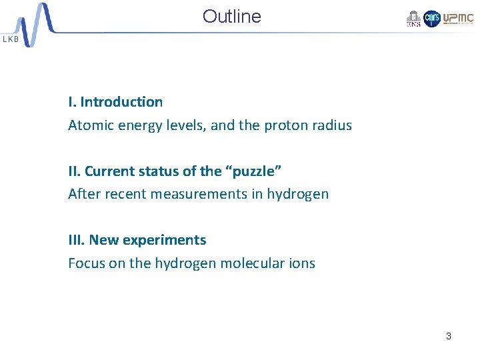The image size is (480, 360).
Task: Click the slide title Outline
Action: pyautogui.click(x=231, y=17)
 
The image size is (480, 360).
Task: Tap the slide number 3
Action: pyautogui.click(x=448, y=336)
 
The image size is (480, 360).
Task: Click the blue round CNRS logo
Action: pyautogui.click(x=432, y=19)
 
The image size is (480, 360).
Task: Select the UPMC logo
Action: pyautogui.click(x=458, y=18)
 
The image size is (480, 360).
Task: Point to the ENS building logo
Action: pyautogui.click(x=413, y=19)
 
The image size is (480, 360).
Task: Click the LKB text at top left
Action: pyautogui.click(x=11, y=39)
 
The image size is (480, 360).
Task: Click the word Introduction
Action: pyautogui.click(x=121, y=102)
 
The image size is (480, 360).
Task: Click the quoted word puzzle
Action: pyautogui.click(x=255, y=171)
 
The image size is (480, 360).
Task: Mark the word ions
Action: pyautogui.click(x=301, y=263)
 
